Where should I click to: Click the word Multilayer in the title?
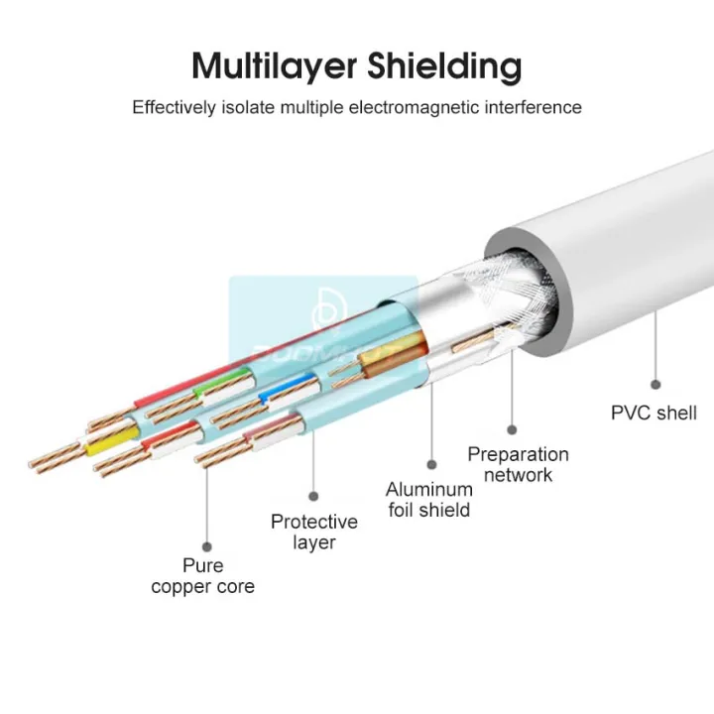[x=276, y=66]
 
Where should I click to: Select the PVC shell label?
[x=654, y=413]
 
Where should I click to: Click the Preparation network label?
[x=518, y=464]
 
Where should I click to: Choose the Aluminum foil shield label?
[x=428, y=500]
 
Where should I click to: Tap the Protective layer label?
[x=313, y=532]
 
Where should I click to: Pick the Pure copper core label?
[x=202, y=576]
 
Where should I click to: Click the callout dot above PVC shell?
[x=655, y=383]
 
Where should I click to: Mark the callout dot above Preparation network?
[x=512, y=429]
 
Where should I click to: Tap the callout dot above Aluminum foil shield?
[x=432, y=463]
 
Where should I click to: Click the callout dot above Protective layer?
[x=313, y=494]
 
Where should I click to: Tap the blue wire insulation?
[x=274, y=396]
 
